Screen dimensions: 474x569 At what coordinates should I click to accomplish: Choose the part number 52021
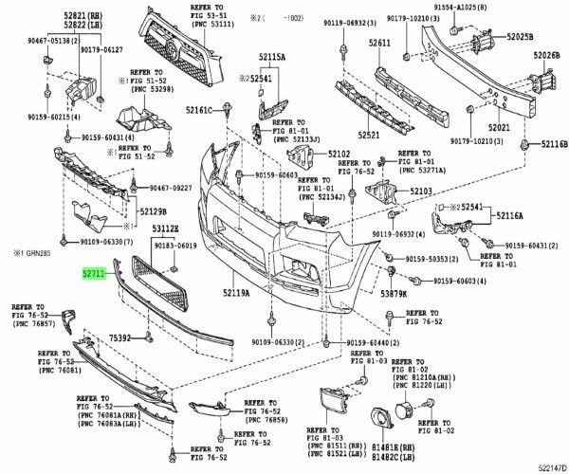[500, 126]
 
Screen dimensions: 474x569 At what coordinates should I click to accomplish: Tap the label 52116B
[547, 144]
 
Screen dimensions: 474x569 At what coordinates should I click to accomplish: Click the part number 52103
[421, 191]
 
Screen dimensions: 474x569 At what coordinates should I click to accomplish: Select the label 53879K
[394, 294]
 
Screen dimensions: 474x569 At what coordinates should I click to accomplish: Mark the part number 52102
[339, 154]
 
